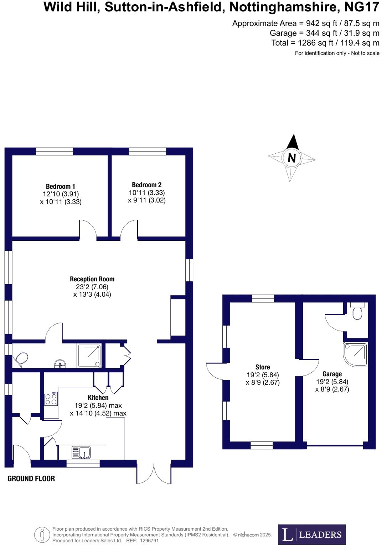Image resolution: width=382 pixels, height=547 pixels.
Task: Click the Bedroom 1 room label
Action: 60,186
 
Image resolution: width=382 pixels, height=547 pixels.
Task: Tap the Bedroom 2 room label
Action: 146,185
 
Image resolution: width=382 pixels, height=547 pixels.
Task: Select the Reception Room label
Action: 92,279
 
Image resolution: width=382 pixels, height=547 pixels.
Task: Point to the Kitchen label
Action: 98,398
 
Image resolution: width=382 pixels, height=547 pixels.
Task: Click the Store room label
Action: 263,367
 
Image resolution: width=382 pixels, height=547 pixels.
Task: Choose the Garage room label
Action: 332,374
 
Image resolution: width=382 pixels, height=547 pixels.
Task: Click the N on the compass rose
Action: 292,158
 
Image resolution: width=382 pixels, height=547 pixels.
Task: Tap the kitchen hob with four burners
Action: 51,399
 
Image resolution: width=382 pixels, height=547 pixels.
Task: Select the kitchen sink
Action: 81,453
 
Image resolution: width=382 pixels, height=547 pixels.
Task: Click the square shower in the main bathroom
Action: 89,356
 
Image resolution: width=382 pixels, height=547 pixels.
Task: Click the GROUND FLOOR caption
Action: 31,479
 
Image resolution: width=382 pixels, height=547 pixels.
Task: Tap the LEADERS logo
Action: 312,534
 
